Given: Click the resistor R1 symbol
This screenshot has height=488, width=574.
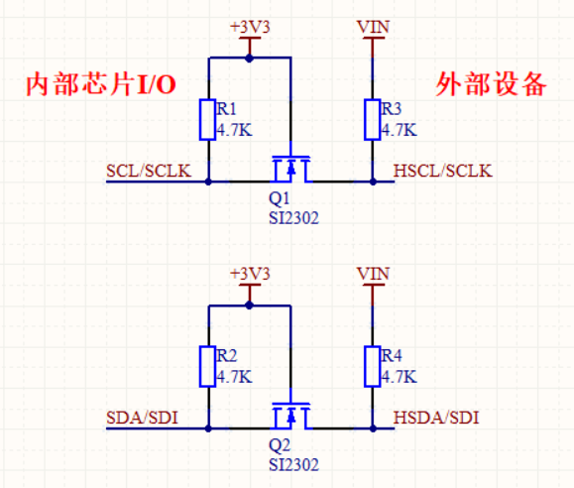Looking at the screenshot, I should pyautogui.click(x=208, y=120).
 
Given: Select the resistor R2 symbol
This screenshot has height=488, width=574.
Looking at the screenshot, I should pyautogui.click(x=208, y=366).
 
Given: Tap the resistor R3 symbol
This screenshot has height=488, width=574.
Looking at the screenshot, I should pyautogui.click(x=373, y=120).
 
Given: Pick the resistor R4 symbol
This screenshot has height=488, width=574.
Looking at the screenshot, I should pyautogui.click(x=373, y=366).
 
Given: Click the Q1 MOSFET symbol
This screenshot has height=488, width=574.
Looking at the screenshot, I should pyautogui.click(x=290, y=170).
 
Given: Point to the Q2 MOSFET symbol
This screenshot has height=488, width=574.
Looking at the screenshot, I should pyautogui.click(x=290, y=416).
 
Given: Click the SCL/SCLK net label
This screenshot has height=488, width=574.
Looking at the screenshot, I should pyautogui.click(x=148, y=171).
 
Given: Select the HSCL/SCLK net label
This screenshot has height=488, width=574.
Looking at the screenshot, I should pyautogui.click(x=442, y=171).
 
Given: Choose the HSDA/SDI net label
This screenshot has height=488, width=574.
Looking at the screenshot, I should pyautogui.click(x=435, y=417).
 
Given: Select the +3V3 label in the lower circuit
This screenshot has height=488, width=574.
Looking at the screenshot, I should pyautogui.click(x=250, y=274).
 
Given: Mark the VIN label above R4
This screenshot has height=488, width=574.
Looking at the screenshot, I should pyautogui.click(x=373, y=274).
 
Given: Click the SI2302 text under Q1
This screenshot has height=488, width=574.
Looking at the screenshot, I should pyautogui.click(x=293, y=216).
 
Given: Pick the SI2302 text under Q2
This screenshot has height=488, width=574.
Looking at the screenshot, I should pyautogui.click(x=293, y=462).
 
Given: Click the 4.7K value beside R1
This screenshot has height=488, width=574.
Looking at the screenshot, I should pyautogui.click(x=234, y=129).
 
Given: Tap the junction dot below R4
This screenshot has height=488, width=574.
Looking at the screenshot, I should pyautogui.click(x=373, y=427).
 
